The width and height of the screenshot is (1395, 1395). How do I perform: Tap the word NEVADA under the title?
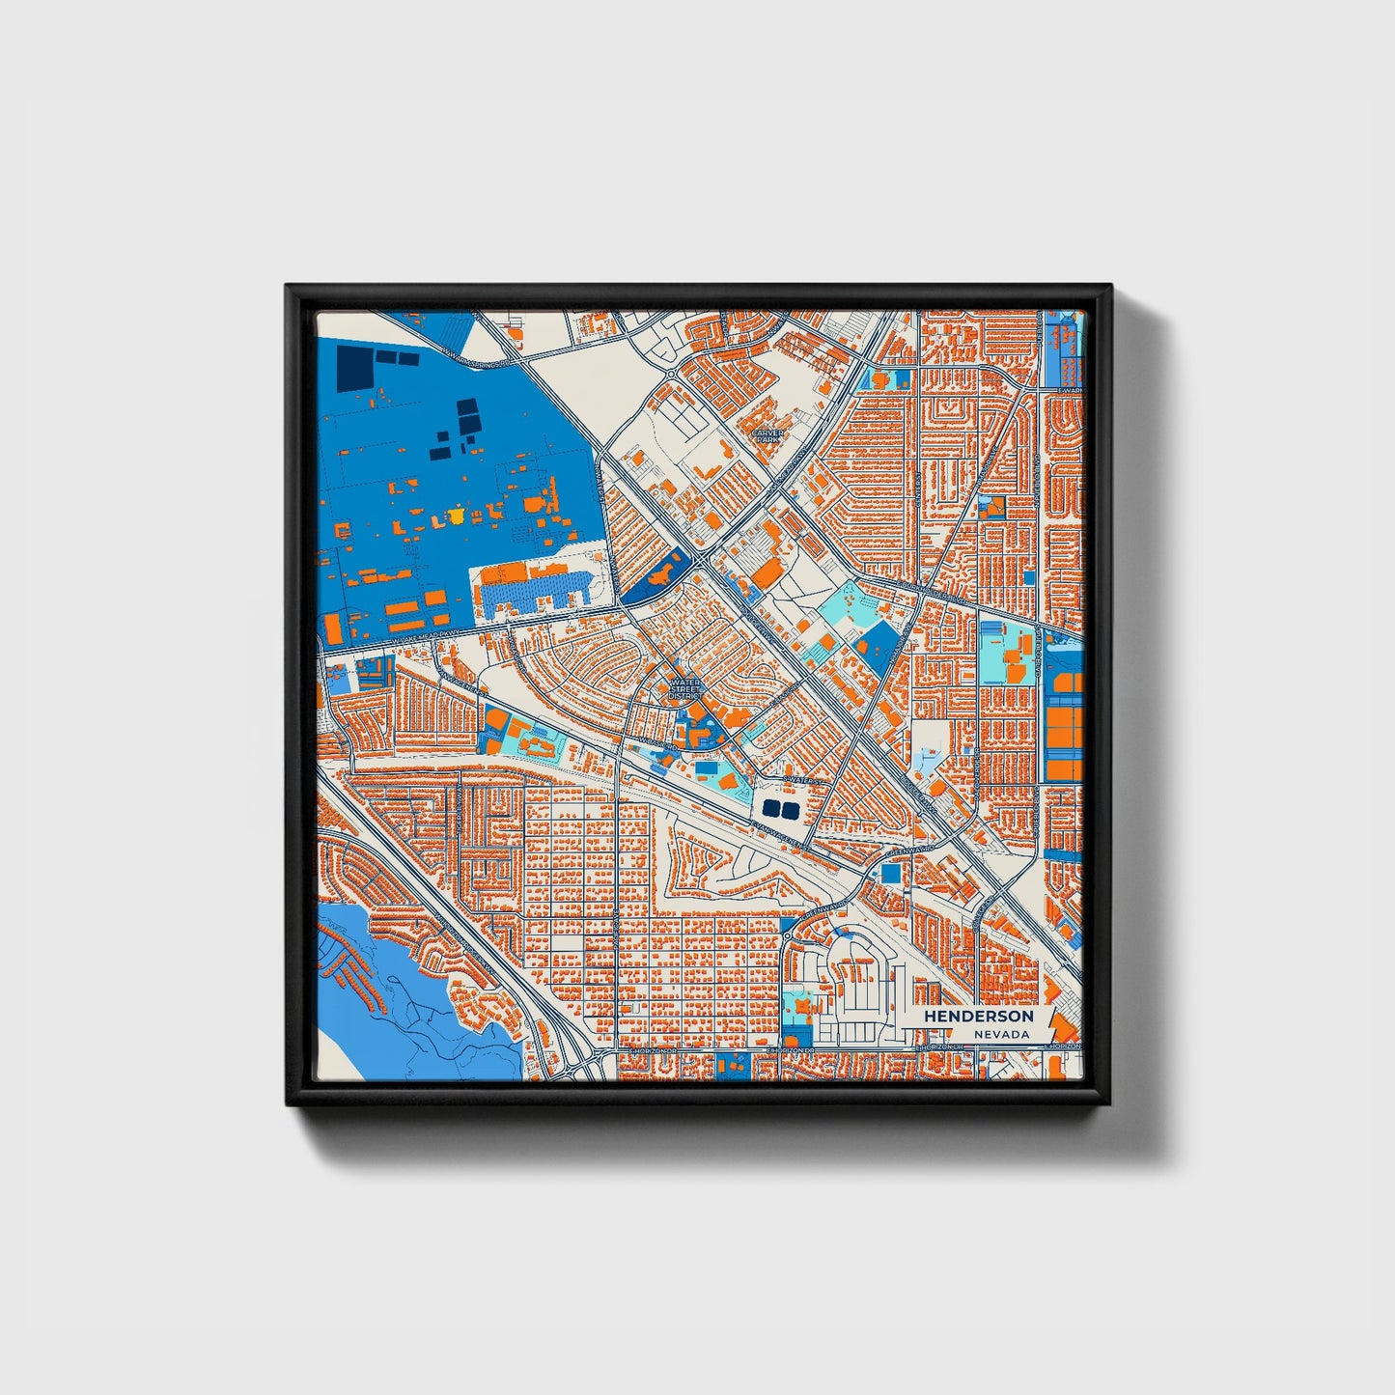(1000, 1034)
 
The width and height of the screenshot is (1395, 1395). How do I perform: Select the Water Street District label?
(684, 688)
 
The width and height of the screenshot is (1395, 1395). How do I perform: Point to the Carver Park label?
(768, 436)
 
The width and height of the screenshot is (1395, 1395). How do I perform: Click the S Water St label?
(801, 778)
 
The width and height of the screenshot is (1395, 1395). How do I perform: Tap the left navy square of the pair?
(770, 807)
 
